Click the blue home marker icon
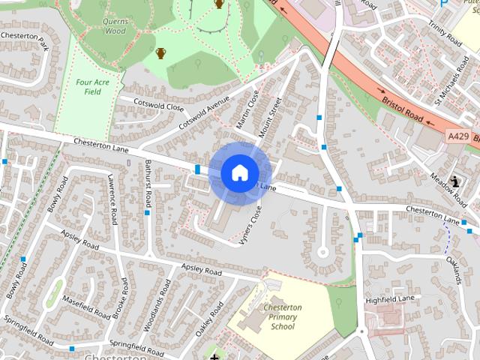click(239, 172)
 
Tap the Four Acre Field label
click(92, 86)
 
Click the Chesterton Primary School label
click(283, 316)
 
